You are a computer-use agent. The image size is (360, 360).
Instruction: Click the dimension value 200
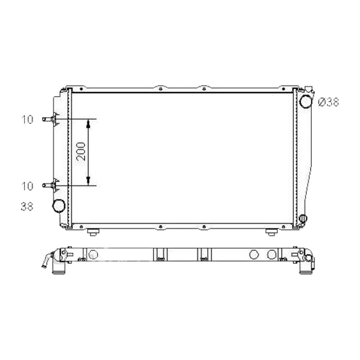[81, 152]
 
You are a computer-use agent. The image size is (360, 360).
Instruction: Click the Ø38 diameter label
[328, 103]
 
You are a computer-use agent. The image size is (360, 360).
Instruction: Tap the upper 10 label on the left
[28, 120]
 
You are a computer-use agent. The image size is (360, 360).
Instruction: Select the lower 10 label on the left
[28, 186]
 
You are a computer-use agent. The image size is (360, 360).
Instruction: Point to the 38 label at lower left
[28, 206]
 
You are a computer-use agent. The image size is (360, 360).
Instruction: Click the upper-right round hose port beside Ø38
[306, 101]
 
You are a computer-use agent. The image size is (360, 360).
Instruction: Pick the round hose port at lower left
[59, 205]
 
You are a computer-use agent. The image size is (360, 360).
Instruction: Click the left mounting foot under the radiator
[93, 231]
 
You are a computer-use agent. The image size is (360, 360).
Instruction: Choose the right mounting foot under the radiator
[271, 231]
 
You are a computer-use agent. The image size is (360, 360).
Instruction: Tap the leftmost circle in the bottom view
[93, 255]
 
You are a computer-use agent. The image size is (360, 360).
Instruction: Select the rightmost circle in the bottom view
[272, 255]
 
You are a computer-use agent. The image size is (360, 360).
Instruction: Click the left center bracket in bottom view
[160, 255]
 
